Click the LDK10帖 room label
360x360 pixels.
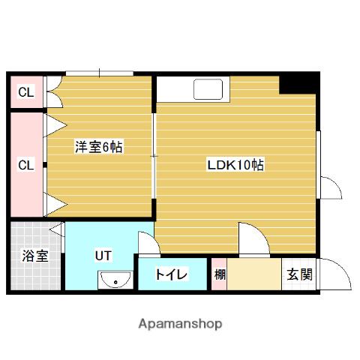pos(235,165)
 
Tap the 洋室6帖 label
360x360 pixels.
pos(98,148)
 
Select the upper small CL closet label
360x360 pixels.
pos(26,93)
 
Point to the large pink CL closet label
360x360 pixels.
pos(26,164)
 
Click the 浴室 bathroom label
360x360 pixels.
pos(34,256)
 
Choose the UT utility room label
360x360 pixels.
pos(103,255)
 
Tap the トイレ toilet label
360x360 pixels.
pos(171,274)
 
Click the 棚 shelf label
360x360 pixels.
pos(219,274)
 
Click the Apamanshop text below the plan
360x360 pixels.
pos(180,324)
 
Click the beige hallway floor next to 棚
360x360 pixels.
pos(253,274)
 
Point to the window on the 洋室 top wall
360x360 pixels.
pos(99,72)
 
